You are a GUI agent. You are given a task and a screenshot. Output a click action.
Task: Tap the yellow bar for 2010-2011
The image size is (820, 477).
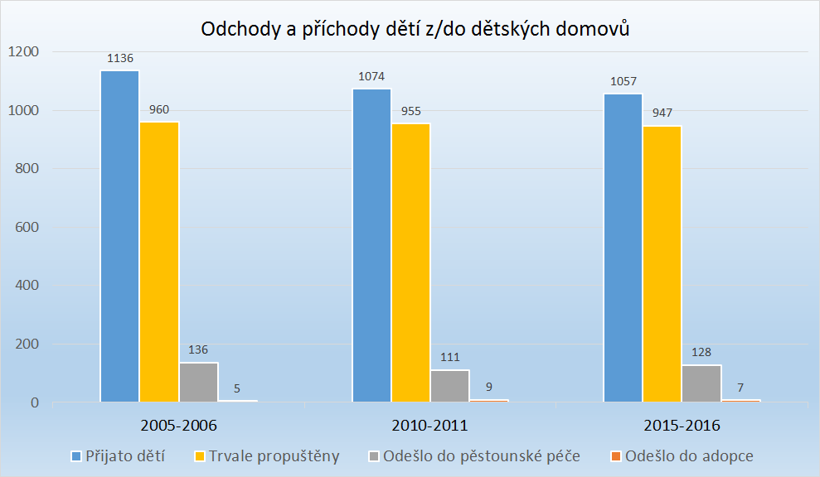pos(410,263)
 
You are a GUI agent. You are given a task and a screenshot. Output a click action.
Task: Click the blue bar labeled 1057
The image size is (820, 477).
pos(622,248)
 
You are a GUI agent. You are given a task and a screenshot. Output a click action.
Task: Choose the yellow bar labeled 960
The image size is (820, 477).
pos(159,262)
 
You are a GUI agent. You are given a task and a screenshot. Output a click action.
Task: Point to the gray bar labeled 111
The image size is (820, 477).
pos(449,386)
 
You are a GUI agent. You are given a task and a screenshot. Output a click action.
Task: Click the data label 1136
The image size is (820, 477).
pos(120,59)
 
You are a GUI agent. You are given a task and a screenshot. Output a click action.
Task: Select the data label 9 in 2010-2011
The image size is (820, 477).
pos(489,386)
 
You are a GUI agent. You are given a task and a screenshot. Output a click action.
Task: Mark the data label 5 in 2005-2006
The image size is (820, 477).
pos(238,388)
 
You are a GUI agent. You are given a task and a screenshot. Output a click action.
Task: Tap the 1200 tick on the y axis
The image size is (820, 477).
pos(23,52)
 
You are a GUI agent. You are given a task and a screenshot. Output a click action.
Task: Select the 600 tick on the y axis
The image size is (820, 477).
pos(27,228)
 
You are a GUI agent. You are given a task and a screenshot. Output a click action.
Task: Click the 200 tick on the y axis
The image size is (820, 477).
pos(27,344)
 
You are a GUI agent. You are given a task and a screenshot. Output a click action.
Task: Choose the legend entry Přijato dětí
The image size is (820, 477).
pos(117,456)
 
